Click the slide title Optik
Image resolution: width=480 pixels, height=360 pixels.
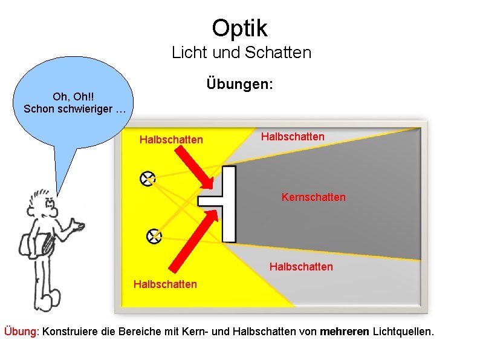tap(239, 28)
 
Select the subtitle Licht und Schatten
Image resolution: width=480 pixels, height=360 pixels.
tap(241, 53)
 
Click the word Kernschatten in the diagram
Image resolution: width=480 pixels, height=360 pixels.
tap(313, 197)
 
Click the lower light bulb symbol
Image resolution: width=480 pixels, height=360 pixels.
tap(154, 235)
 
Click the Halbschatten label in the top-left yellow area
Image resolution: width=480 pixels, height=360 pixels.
tap(171, 140)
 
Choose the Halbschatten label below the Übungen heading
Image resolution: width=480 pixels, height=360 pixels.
tap(293, 137)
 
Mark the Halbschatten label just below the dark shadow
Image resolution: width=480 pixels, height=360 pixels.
tap(301, 266)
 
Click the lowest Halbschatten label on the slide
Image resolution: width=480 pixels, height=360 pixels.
tap(165, 284)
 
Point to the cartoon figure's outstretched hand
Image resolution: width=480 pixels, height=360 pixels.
tap(77, 227)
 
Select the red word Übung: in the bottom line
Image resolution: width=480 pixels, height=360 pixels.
tap(22, 332)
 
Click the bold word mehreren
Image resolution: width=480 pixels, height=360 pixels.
tap(345, 332)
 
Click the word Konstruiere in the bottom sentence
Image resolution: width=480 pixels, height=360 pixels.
tap(71, 332)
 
